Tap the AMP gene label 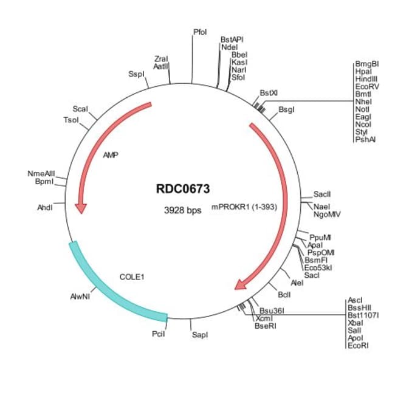point(111,156)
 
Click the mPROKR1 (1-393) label point(244,207)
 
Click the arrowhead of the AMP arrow point(80,208)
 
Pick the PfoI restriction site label point(200,31)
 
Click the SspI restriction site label point(136,74)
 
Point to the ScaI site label point(80,109)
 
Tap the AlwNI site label point(80,297)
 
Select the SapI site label point(199,335)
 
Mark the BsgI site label point(286,110)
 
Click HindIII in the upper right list point(366,79)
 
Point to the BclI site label point(284,295)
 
